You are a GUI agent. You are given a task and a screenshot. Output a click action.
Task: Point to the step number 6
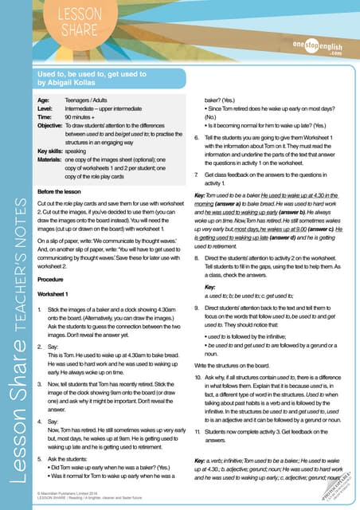[197, 138]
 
